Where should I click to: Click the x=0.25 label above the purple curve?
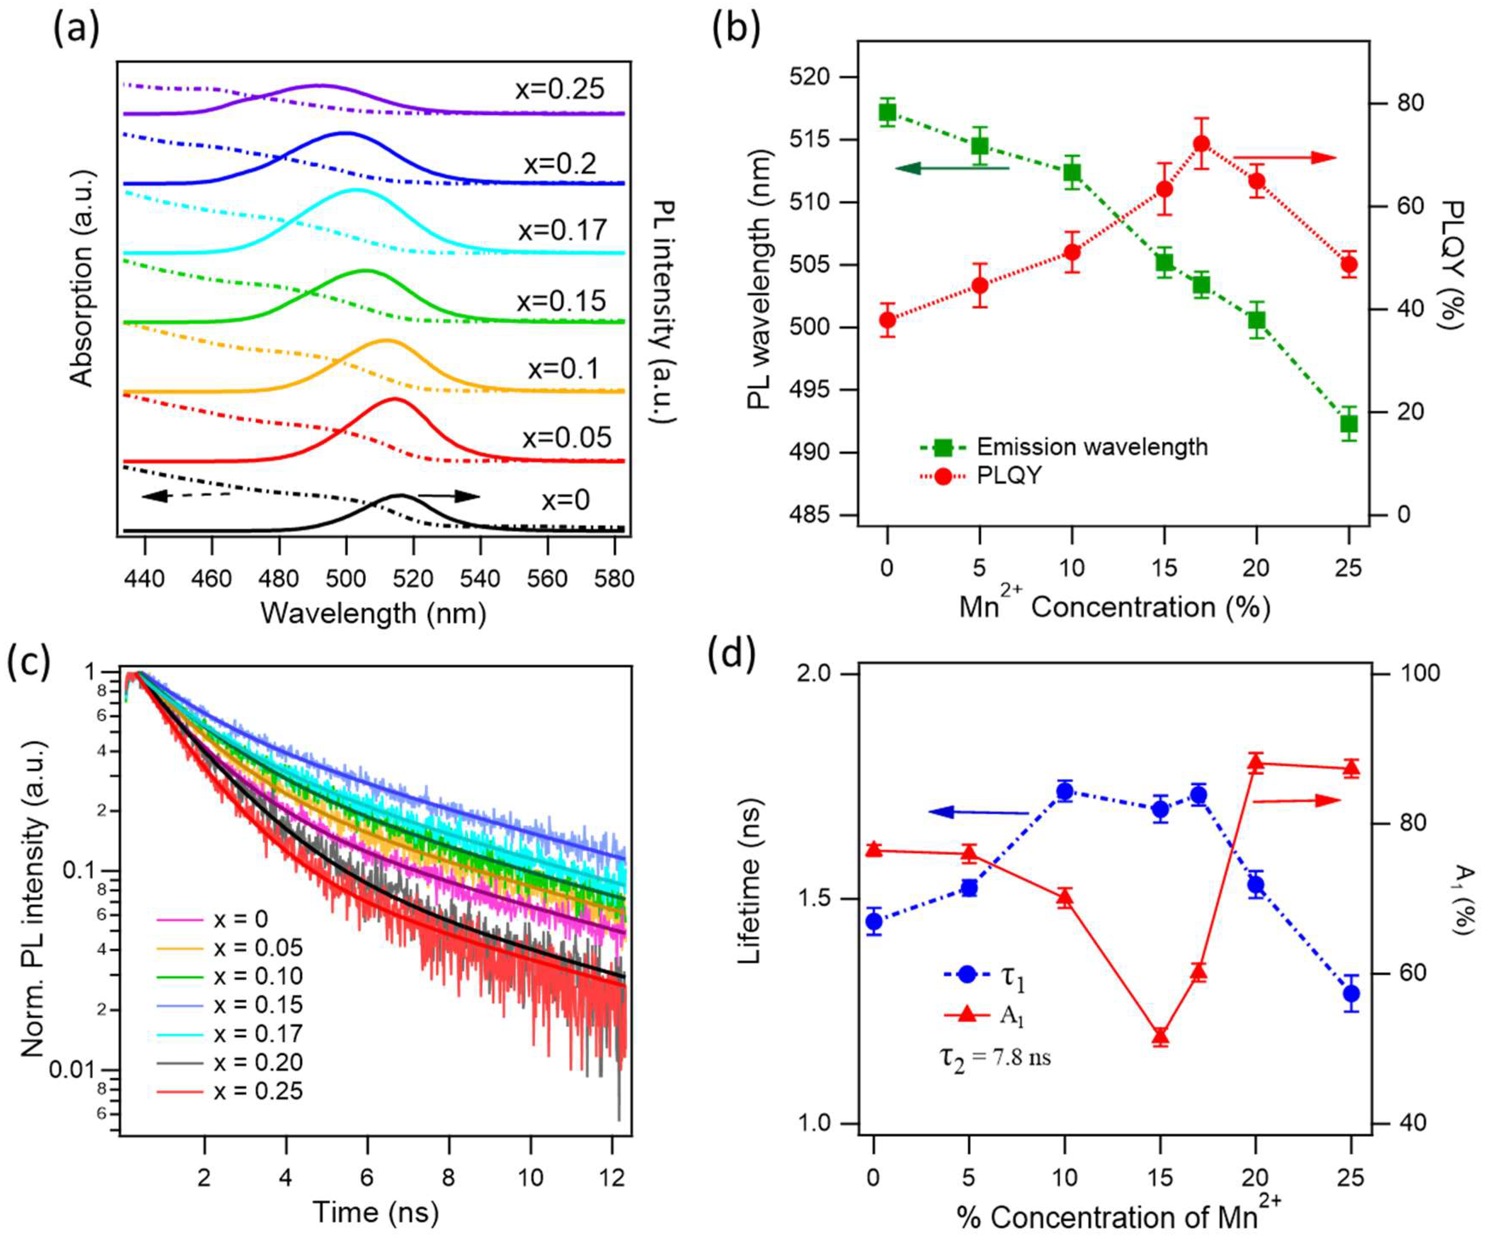pos(560,89)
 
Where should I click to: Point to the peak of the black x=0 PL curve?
pos(401,495)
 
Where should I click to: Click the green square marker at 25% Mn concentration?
pos(1349,424)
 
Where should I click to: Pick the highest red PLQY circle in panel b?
pos(1200,144)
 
